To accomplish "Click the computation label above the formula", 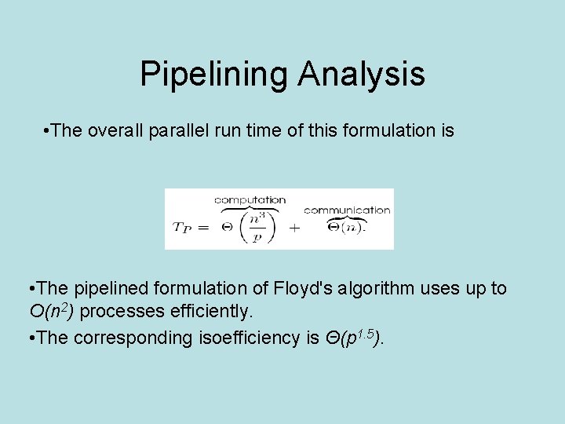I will click(x=250, y=200).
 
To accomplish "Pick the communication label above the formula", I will click(x=347, y=210).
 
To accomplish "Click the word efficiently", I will click(x=210, y=312).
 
